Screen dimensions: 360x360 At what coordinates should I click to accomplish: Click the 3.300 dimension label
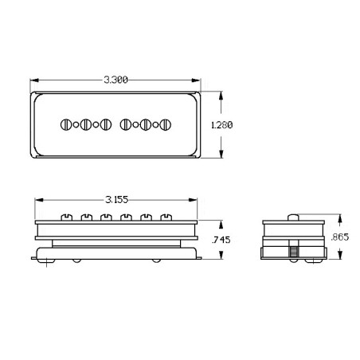pyautogui.click(x=115, y=80)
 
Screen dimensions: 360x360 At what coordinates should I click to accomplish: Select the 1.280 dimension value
pyautogui.click(x=222, y=125)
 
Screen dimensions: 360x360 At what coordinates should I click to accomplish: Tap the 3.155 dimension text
pyautogui.click(x=117, y=200)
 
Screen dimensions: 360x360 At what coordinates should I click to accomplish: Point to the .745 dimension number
pyautogui.click(x=221, y=240)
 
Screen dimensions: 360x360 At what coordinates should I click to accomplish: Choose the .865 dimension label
pyautogui.click(x=340, y=237)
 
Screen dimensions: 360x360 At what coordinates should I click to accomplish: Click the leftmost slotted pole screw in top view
pyautogui.click(x=66, y=124)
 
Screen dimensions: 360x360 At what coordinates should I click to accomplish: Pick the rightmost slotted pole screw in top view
pyautogui.click(x=166, y=124)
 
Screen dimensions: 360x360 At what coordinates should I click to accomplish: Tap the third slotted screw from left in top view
pyautogui.click(x=106, y=124)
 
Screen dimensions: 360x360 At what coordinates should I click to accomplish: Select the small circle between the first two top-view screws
pyautogui.click(x=76, y=125)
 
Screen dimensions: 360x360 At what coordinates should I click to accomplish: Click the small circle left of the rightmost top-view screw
pyautogui.click(x=155, y=125)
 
